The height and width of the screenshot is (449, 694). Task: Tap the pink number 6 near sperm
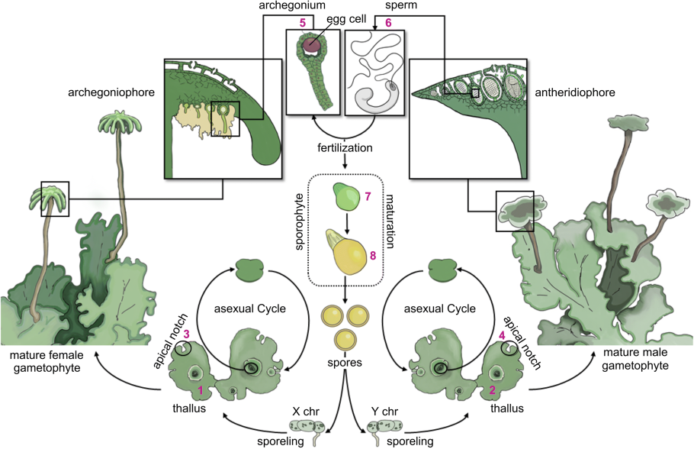(x=388, y=24)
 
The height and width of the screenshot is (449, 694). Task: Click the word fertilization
(x=345, y=145)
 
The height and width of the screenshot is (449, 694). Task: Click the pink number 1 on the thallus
(x=201, y=390)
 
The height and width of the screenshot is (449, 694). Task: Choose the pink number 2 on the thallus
(x=492, y=390)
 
